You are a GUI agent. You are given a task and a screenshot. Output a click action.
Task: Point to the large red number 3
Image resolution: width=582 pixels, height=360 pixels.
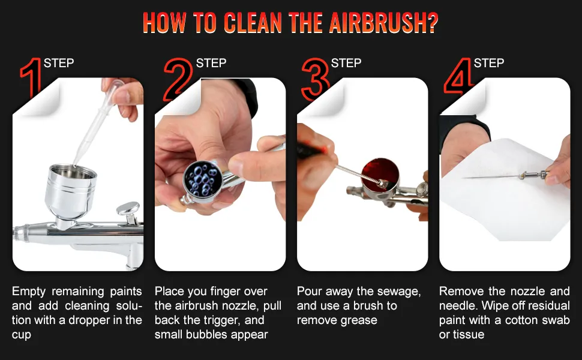[x=315, y=78]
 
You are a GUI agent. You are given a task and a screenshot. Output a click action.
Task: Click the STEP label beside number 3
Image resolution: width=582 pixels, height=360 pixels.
[x=346, y=63]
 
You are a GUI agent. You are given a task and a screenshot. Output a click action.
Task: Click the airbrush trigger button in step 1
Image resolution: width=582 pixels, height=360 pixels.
[x=127, y=210]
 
